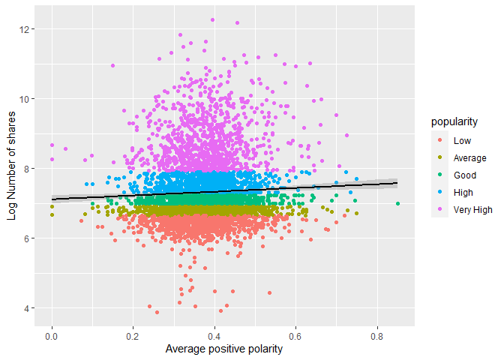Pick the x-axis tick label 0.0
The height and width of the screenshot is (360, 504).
click(x=52, y=336)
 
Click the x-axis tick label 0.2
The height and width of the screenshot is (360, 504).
click(x=133, y=336)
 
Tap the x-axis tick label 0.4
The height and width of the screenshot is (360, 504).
click(x=214, y=336)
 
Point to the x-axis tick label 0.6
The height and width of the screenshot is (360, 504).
click(x=295, y=336)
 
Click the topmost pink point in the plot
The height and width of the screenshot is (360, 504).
click(x=213, y=20)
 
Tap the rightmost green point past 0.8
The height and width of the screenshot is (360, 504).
click(x=397, y=204)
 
